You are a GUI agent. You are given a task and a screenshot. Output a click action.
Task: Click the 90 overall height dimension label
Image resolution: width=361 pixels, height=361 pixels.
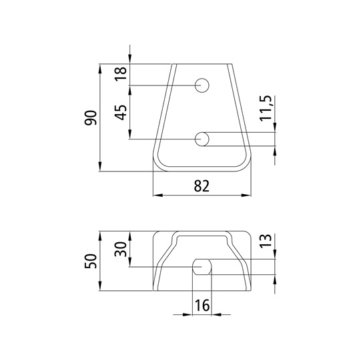click(x=90, y=118)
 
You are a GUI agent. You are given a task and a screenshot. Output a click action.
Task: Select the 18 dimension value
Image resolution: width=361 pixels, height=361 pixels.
click(x=121, y=73)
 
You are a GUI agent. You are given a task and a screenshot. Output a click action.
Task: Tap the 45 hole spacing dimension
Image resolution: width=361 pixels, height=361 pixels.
click(x=121, y=112)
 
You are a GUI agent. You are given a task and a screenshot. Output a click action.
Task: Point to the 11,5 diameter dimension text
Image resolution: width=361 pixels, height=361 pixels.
click(x=266, y=108)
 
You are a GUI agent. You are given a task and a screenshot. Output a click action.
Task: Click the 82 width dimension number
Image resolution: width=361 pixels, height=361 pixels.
click(x=202, y=186)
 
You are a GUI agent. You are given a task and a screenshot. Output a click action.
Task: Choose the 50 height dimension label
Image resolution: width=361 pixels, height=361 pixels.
click(x=90, y=261)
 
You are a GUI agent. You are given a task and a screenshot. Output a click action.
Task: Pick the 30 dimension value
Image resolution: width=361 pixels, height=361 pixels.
click(x=121, y=249)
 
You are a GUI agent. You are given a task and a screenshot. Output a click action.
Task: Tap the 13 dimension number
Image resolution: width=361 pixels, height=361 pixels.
click(x=266, y=241)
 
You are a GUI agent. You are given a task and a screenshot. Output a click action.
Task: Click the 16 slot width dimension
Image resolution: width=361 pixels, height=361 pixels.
click(x=202, y=306)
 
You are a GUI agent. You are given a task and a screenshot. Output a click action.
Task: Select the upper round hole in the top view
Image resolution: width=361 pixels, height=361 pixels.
click(x=202, y=85)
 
